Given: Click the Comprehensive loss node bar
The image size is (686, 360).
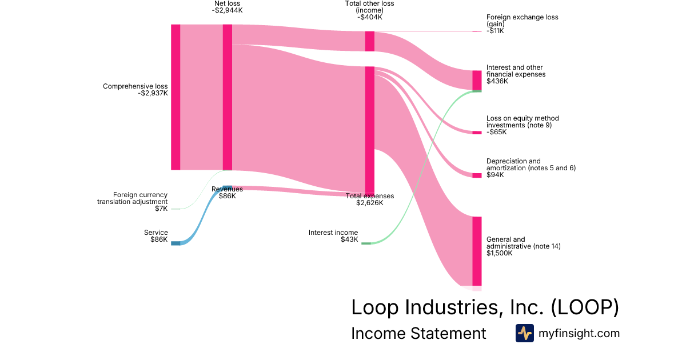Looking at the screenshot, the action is click(176, 97).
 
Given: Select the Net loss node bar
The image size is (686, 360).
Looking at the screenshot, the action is click(227, 97).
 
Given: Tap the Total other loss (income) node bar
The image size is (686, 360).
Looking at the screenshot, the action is click(370, 41).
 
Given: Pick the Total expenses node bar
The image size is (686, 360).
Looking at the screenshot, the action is click(370, 131).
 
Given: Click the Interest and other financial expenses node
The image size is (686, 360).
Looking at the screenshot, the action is click(477, 80).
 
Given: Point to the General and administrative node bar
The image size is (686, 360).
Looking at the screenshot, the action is click(477, 251).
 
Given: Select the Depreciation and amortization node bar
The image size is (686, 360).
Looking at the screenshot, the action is click(477, 175).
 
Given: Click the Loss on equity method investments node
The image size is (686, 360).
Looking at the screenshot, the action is click(477, 133).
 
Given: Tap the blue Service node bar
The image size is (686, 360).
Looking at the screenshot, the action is click(176, 243).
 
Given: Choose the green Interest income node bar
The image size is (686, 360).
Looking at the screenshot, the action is click(366, 243).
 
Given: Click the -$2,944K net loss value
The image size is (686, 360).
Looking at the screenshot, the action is click(227, 10).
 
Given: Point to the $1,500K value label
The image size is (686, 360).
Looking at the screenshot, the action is click(499, 253).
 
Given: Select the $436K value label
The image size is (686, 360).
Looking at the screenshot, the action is click(497, 81).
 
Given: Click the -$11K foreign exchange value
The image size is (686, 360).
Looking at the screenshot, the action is click(495, 31).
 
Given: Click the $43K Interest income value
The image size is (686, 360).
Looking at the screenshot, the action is click(349, 239).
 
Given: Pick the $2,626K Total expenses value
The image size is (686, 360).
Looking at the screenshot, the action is click(370, 203).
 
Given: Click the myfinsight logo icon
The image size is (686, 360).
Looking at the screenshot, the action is click(525, 333).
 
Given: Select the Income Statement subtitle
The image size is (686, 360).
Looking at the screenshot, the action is click(418, 333).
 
